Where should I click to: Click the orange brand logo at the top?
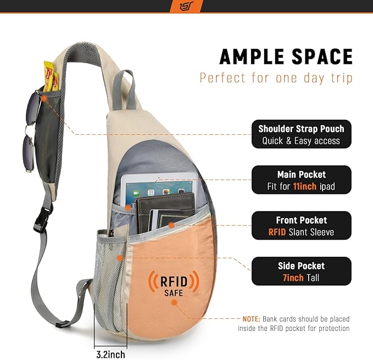(187, 6)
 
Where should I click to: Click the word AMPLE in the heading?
(252, 57)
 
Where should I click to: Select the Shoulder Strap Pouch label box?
(302, 134)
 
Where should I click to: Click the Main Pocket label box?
(302, 180)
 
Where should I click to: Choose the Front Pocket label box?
(302, 225)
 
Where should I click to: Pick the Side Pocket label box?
(302, 272)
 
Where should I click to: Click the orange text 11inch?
(305, 186)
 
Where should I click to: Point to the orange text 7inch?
(293, 278)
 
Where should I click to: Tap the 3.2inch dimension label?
(110, 355)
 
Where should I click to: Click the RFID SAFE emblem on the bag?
(174, 283)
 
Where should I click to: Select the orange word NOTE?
(252, 319)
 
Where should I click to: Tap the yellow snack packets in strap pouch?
(51, 76)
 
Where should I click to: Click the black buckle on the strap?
(43, 219)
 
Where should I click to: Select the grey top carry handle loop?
(124, 89)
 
